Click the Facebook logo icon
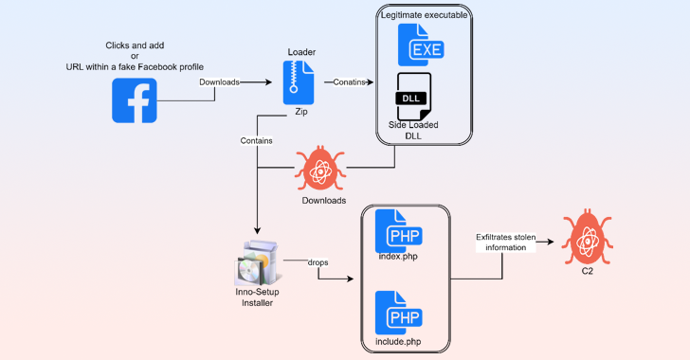coord(135,100)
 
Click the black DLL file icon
coord(414,97)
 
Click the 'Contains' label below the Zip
coord(257,140)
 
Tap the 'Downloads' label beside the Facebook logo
coord(219,82)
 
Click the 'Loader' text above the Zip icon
coord(300,50)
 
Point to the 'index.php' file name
coord(398,258)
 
